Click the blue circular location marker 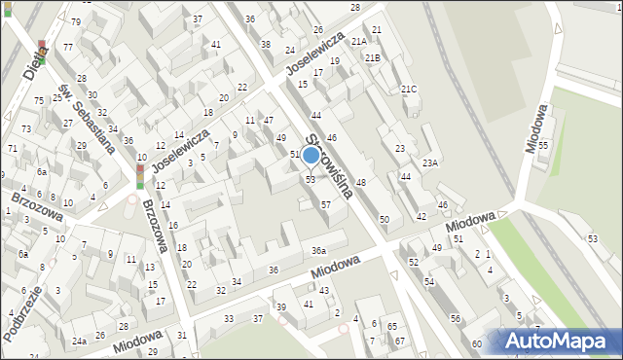[x=311, y=155]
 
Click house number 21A [x=359, y=41]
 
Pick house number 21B [x=372, y=58]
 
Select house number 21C [x=409, y=90]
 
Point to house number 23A [x=429, y=162]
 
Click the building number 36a [x=318, y=251]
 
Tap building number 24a [x=79, y=341]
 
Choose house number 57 [x=326, y=205]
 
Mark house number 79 [x=76, y=21]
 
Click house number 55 [x=543, y=145]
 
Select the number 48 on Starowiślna [x=360, y=183]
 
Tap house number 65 [x=391, y=326]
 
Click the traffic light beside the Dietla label [x=42, y=46]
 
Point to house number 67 [x=399, y=341]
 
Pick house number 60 [x=477, y=343]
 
